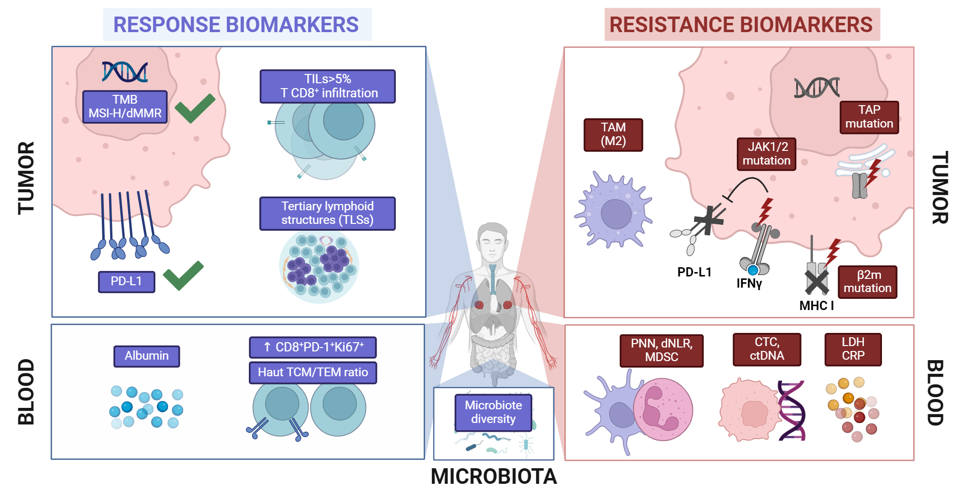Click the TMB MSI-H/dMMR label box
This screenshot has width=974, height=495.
(125, 107)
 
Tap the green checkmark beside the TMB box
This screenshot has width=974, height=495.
(194, 108)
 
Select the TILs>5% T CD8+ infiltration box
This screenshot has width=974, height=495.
(327, 86)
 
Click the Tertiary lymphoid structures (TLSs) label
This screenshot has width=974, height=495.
(327, 213)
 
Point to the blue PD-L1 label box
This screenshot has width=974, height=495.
(126, 281)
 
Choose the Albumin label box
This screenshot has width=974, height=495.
(147, 356)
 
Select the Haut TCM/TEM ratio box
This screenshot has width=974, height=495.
(313, 372)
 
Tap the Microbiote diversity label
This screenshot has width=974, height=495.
(493, 412)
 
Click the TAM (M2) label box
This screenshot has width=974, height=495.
(613, 134)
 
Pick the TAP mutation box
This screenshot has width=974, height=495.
(869, 117)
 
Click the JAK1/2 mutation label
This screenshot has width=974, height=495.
(766, 154)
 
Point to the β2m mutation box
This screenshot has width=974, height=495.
(867, 282)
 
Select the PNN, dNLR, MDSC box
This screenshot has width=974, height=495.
(661, 350)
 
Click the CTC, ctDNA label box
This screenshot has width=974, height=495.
(767, 349)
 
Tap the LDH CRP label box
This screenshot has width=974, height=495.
(853, 349)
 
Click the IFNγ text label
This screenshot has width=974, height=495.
(749, 283)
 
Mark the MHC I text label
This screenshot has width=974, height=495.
(816, 306)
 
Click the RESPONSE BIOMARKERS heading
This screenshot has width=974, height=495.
(236, 25)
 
